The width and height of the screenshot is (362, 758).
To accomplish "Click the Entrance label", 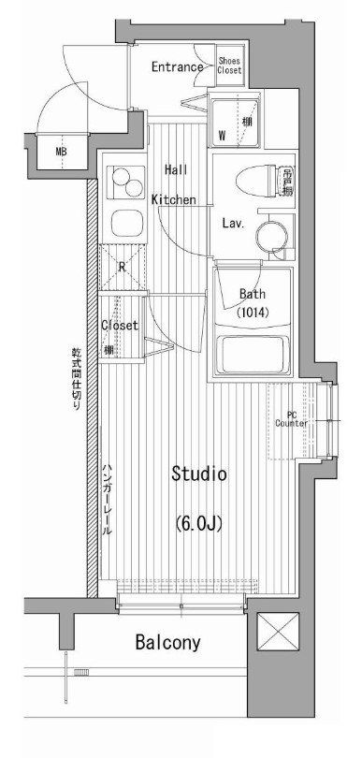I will [177, 66].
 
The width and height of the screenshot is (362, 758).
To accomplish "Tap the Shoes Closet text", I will [230, 66].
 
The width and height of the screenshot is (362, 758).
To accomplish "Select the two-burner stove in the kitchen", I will [123, 181].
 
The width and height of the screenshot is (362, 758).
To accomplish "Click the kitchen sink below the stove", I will [123, 223].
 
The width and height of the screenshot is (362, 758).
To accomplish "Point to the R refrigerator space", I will [123, 266].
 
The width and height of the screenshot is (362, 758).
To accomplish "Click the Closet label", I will [120, 326].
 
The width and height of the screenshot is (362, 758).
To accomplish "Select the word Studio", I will [198, 474].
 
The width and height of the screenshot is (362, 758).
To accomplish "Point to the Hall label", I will [175, 169].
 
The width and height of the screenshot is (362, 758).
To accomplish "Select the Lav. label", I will [233, 224].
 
